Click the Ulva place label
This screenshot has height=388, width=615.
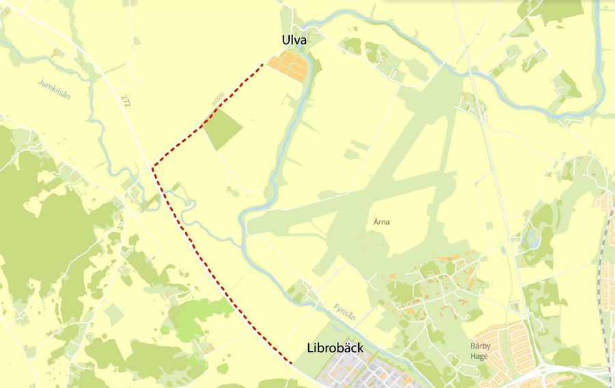[x=294, y=41]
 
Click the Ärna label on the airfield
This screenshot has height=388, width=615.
[x=381, y=222]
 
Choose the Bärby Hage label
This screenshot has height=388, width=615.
[x=482, y=350]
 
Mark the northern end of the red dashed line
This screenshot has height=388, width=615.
[x=264, y=64]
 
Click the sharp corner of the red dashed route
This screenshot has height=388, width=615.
[x=153, y=165]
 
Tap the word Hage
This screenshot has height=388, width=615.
[x=482, y=356]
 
